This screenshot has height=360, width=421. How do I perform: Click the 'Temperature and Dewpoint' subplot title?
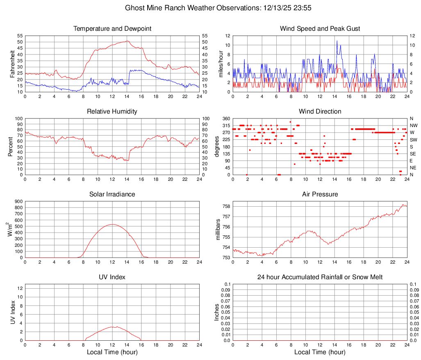click(x=112, y=29)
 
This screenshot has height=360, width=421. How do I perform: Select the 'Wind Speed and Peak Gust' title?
click(x=320, y=29)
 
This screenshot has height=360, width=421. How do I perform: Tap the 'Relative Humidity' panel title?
click(x=112, y=112)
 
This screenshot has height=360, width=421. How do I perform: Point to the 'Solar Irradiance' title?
click(x=112, y=194)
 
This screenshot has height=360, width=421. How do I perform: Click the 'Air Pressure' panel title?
click(x=320, y=194)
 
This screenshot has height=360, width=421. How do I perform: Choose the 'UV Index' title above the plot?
click(x=112, y=277)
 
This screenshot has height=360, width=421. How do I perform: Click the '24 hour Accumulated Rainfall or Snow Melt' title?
click(x=320, y=277)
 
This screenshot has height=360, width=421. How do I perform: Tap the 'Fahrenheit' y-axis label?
click(x=11, y=64)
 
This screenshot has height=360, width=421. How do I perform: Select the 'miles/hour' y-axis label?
click(x=221, y=64)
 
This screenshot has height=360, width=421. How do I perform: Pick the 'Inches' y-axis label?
click(x=217, y=312)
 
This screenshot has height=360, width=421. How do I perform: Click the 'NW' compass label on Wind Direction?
click(x=413, y=125)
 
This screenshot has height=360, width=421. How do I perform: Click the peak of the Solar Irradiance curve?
click(x=112, y=224)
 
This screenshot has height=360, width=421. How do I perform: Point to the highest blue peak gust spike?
click(x=337, y=41)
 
